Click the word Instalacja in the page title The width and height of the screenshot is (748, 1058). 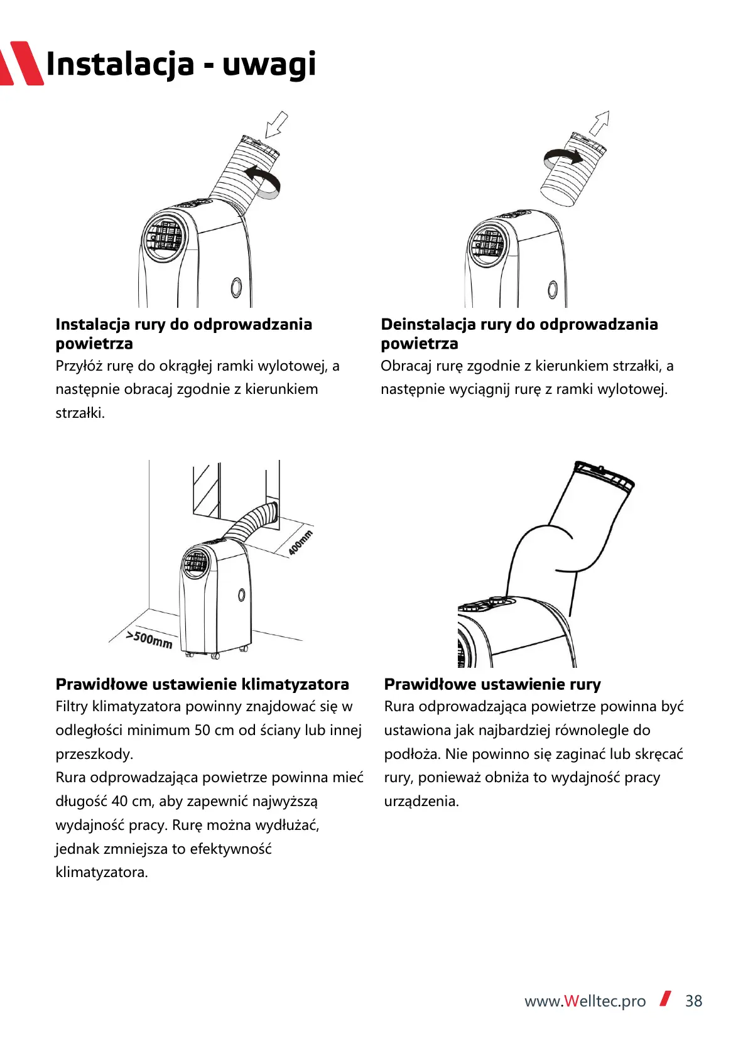pos(120,65)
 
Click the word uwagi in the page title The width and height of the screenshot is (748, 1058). pos(269,65)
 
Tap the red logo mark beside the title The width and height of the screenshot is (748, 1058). pos(21,63)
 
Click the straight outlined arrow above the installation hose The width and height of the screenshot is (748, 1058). pos(277,124)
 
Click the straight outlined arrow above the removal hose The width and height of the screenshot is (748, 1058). pos(599,123)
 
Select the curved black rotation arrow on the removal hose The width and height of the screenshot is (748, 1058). pos(563,156)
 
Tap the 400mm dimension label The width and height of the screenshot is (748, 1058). pos(300,543)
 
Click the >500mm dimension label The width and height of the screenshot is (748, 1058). pos(149,640)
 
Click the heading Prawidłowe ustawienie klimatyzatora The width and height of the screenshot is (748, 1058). pos(202,684)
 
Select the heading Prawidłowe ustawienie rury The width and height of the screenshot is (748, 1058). pos(492,684)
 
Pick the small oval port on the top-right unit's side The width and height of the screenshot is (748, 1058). pos(553,289)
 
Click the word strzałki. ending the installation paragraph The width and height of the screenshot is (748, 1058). pos(80,413)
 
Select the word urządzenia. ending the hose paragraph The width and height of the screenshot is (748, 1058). pos(421,802)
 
